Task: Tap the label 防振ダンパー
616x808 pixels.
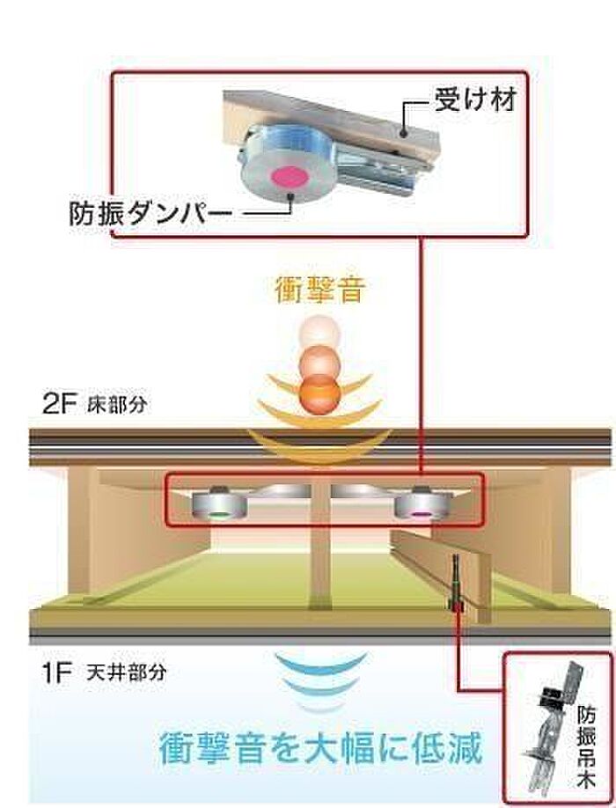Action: click(x=147, y=213)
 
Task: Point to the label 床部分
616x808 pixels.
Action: click(x=117, y=405)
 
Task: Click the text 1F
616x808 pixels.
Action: click(x=56, y=673)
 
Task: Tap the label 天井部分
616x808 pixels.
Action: click(x=127, y=672)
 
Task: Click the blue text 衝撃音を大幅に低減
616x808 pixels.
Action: click(x=320, y=748)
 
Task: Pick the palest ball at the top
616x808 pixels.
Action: click(x=321, y=331)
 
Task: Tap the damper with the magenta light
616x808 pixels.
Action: click(x=423, y=503)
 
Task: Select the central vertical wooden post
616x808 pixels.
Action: click(x=320, y=547)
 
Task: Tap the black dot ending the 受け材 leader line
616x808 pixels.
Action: click(x=405, y=134)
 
